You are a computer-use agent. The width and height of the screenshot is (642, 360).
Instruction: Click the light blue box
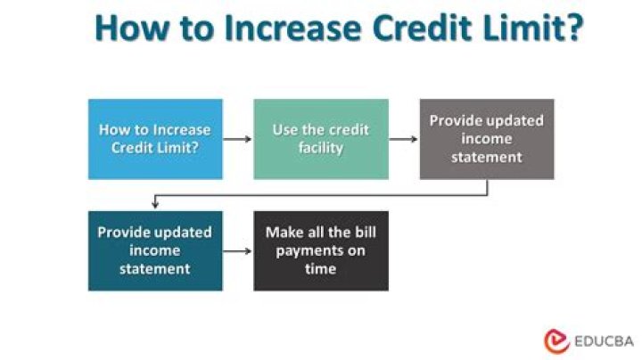[155, 139]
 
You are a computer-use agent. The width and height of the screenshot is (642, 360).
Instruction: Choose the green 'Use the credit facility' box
[321, 139]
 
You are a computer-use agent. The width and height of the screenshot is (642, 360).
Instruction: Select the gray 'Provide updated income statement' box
[487, 139]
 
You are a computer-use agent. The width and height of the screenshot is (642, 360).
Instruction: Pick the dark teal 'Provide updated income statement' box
[155, 250]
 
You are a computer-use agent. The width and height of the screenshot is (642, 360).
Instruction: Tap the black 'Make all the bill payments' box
[321, 250]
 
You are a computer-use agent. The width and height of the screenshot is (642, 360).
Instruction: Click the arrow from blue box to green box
[237, 140]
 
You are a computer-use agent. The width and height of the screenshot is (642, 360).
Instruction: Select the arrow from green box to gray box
[403, 140]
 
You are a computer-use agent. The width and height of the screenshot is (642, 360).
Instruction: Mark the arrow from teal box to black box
[237, 251]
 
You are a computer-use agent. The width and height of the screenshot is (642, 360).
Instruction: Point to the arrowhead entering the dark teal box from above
[155, 206]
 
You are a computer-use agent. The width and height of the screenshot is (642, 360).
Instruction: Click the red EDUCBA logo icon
[556, 340]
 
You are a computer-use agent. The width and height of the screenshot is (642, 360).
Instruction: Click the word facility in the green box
[321, 148]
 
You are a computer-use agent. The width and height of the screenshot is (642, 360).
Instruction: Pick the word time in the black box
[320, 268]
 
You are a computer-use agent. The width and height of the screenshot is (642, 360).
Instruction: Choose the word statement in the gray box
[487, 157]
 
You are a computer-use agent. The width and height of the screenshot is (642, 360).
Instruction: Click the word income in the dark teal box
[155, 250]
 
